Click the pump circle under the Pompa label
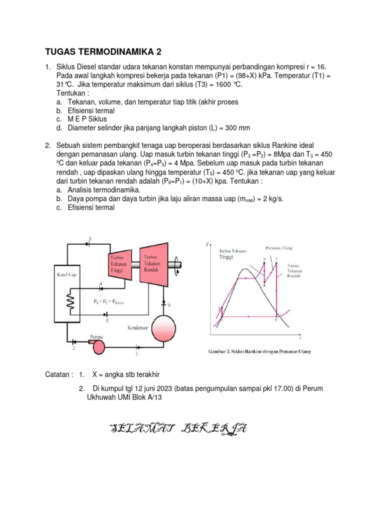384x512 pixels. (99, 345)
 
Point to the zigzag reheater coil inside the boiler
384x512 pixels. (70, 301)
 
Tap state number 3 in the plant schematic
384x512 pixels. (89, 238)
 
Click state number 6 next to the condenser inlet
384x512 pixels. (168, 304)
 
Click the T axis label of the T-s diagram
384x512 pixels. (207, 244)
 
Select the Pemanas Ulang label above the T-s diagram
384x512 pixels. (278, 247)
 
